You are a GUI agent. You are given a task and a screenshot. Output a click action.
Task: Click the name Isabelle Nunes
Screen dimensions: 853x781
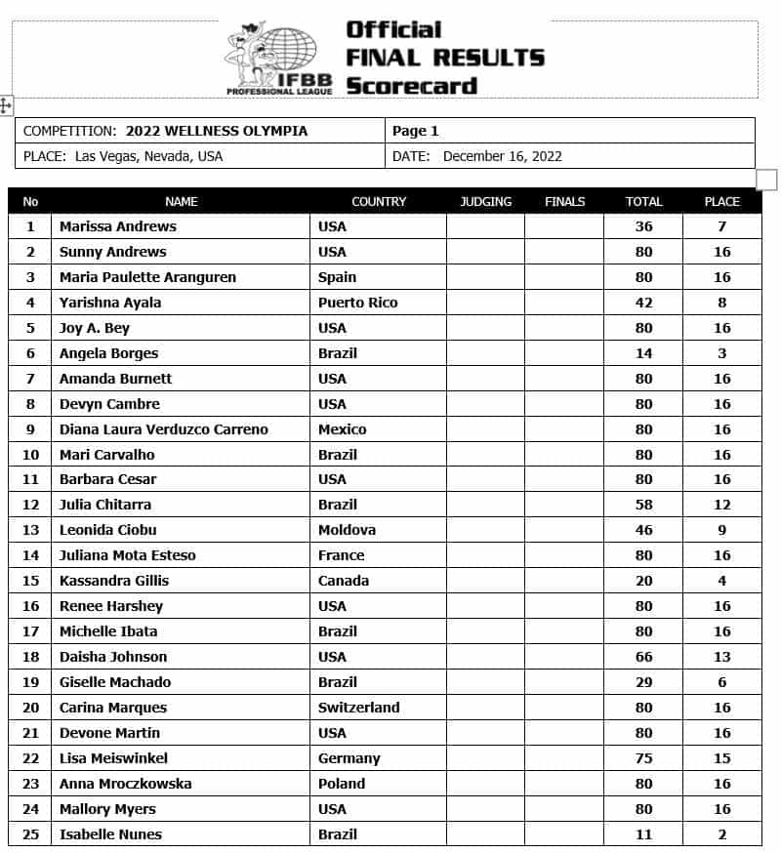pos(110,834)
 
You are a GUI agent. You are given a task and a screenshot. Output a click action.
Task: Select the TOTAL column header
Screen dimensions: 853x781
pos(643,202)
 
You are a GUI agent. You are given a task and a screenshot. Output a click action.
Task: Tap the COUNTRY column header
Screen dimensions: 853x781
pos(379,202)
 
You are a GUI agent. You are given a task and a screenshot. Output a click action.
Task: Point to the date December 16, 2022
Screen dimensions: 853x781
pos(502,156)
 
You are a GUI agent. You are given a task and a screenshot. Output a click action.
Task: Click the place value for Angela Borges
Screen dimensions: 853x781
pos(722,353)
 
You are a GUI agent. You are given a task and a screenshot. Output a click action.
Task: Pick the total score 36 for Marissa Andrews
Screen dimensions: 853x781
pos(643,226)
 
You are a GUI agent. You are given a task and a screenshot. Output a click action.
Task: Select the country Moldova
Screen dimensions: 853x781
pos(347,530)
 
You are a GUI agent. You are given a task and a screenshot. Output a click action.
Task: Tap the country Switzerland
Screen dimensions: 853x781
pos(358,708)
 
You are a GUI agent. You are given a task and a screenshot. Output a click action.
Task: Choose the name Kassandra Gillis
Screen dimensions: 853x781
pos(113,581)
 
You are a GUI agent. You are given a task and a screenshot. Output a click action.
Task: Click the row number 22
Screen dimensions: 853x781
pos(30,758)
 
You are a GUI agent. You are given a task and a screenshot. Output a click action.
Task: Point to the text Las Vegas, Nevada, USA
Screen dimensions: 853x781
pos(148,156)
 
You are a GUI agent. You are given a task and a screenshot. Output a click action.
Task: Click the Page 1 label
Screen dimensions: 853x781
pos(416,131)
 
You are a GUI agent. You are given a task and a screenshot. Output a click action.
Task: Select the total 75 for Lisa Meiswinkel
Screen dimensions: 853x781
pos(643,758)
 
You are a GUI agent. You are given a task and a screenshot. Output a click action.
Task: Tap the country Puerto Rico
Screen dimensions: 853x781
pos(357,303)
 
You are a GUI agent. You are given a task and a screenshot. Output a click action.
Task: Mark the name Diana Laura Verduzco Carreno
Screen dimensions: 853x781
pos(163,429)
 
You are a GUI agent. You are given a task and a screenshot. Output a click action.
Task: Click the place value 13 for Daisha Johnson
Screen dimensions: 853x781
pos(722,657)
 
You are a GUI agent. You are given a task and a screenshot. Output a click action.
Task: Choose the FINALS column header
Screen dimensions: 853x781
pos(565,202)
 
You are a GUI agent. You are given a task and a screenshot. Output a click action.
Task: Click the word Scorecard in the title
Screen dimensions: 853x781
pos(411,86)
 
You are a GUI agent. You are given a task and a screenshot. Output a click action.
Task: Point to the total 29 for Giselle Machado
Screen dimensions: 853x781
pos(643,682)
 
